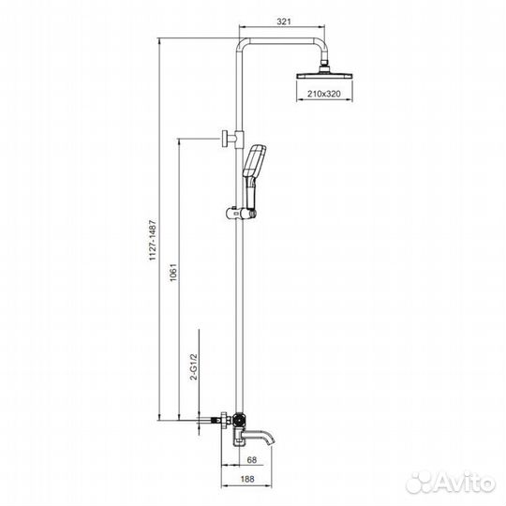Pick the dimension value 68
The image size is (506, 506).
(251, 458)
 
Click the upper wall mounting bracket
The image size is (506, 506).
(227, 140)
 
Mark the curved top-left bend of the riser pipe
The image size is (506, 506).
(245, 46)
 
